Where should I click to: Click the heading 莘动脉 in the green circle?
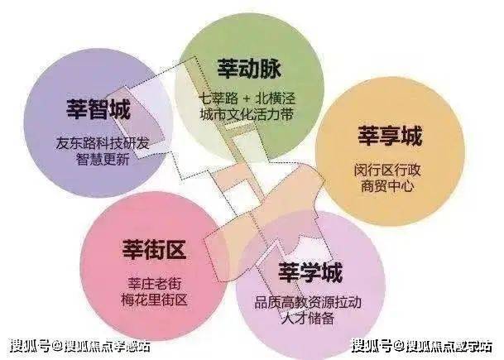(x=249, y=69)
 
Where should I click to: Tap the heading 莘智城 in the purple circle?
(x=98, y=109)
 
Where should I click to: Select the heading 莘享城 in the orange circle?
(x=390, y=136)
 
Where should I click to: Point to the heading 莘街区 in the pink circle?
(x=154, y=249)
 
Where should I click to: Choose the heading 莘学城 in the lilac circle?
(x=310, y=272)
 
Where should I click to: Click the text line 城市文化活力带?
(x=247, y=114)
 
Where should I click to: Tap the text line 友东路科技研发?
(x=103, y=143)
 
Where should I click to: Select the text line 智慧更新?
(x=103, y=159)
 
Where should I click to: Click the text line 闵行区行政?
(x=387, y=170)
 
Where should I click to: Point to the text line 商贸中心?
(x=387, y=186)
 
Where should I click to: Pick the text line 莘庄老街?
(x=154, y=284)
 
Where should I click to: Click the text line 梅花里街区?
(x=154, y=300)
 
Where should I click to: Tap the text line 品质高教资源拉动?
(x=308, y=302)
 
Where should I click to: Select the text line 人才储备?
(x=308, y=319)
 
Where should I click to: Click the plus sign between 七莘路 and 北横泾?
(x=247, y=98)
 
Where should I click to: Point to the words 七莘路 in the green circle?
(x=218, y=98)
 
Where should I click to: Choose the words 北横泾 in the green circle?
(x=276, y=98)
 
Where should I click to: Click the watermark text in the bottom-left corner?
(x=80, y=346)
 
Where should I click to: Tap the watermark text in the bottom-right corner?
(x=422, y=346)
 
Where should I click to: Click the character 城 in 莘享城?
(x=411, y=136)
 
